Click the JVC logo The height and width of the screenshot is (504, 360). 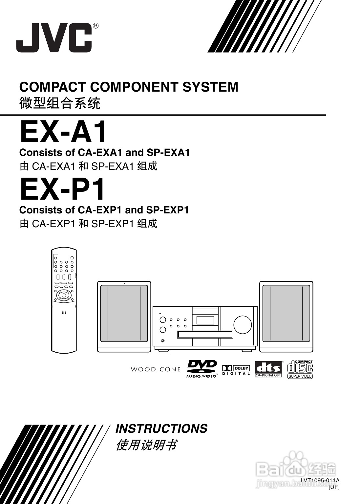(x=54, y=38)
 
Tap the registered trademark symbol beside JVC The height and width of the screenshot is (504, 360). (x=95, y=26)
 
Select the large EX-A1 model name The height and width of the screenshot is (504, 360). (x=63, y=132)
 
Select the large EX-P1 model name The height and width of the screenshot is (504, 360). (x=63, y=189)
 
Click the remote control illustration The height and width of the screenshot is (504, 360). (x=64, y=300)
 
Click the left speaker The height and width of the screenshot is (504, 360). (x=124, y=317)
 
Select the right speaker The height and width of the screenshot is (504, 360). (x=286, y=317)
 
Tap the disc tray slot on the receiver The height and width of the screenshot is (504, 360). (x=205, y=335)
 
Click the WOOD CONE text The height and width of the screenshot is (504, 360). (x=156, y=370)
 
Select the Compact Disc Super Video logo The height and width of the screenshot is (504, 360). (x=300, y=369)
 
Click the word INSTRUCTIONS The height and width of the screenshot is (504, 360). (x=161, y=429)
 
